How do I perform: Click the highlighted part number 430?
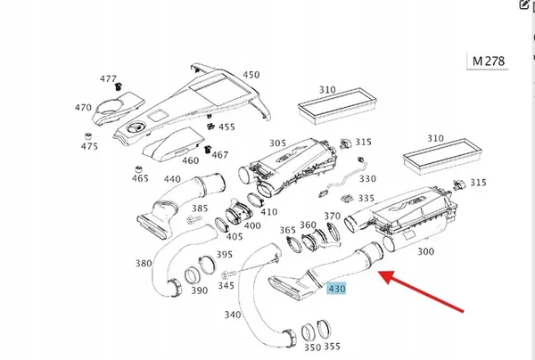tap(337, 288)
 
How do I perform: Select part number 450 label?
tap(251, 76)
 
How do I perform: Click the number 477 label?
tap(109, 78)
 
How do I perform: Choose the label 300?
tap(426, 253)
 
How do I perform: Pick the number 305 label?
tap(277, 143)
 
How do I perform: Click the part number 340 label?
tap(233, 314)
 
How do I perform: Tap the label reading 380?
tap(144, 264)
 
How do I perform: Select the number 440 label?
tap(173, 179)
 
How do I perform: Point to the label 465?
tap(140, 179)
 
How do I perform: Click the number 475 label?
tap(89, 146)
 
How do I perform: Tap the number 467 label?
tap(219, 155)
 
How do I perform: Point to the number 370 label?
tap(332, 217)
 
